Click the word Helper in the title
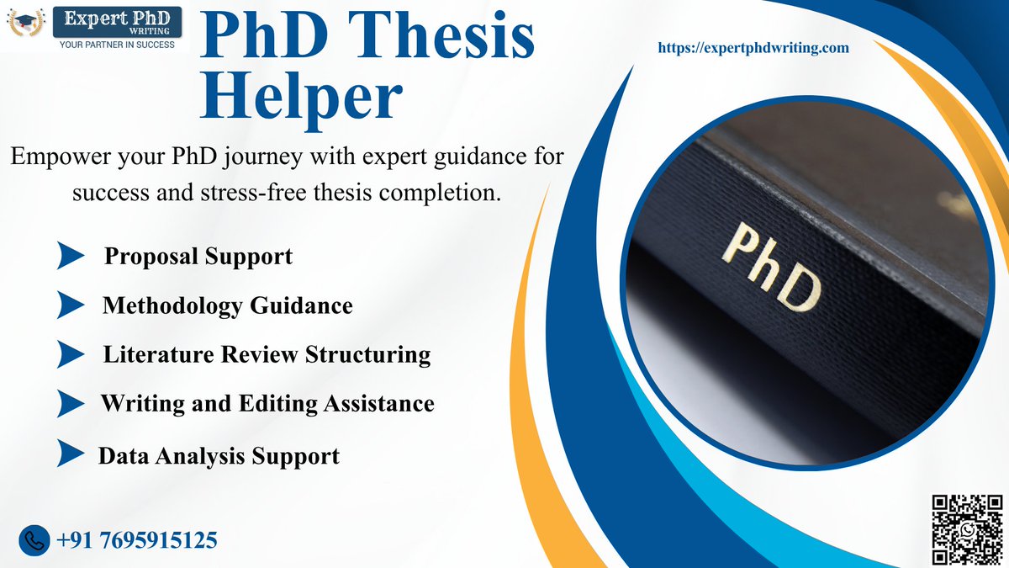tap(299, 96)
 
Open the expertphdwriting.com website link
tap(753, 49)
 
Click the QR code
tap(967, 528)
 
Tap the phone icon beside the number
tap(34, 539)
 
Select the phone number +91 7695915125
tap(137, 539)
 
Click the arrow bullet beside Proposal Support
tap(71, 256)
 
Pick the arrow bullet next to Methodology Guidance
tap(71, 305)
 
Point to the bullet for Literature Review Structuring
tap(71, 354)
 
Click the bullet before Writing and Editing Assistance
tap(71, 404)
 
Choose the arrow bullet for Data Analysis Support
tap(71, 455)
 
